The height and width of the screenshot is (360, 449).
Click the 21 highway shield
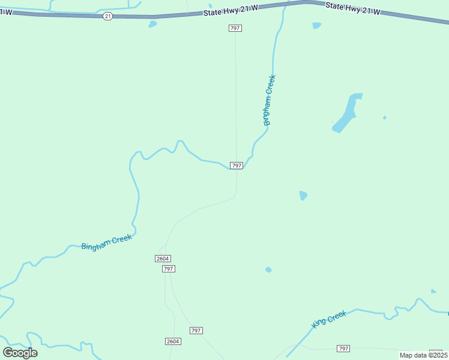coord(107,16)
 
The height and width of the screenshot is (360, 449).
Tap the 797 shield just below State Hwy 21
coord(235,28)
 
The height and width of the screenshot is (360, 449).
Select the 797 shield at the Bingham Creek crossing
coord(237,166)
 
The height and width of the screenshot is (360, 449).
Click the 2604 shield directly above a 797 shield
coord(162,258)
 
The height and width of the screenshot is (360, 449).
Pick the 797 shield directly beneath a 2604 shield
coord(169,269)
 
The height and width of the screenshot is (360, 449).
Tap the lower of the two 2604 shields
coord(172,341)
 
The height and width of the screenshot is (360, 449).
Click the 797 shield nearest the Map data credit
coord(343,349)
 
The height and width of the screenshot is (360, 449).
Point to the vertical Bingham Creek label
coord(269,100)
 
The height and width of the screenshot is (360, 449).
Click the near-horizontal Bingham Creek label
coord(106,242)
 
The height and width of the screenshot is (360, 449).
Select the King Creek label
coord(329,319)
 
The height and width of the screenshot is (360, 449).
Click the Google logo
coord(20,352)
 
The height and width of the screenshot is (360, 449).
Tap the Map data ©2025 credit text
coord(423,355)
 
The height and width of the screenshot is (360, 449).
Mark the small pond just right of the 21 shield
coord(152,24)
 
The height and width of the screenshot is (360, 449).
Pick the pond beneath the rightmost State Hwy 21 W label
coord(316,25)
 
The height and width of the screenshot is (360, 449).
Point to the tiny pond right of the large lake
coord(385,118)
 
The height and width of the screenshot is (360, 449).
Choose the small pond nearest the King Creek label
coord(268,270)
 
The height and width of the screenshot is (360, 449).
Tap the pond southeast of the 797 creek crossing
coord(303,196)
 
